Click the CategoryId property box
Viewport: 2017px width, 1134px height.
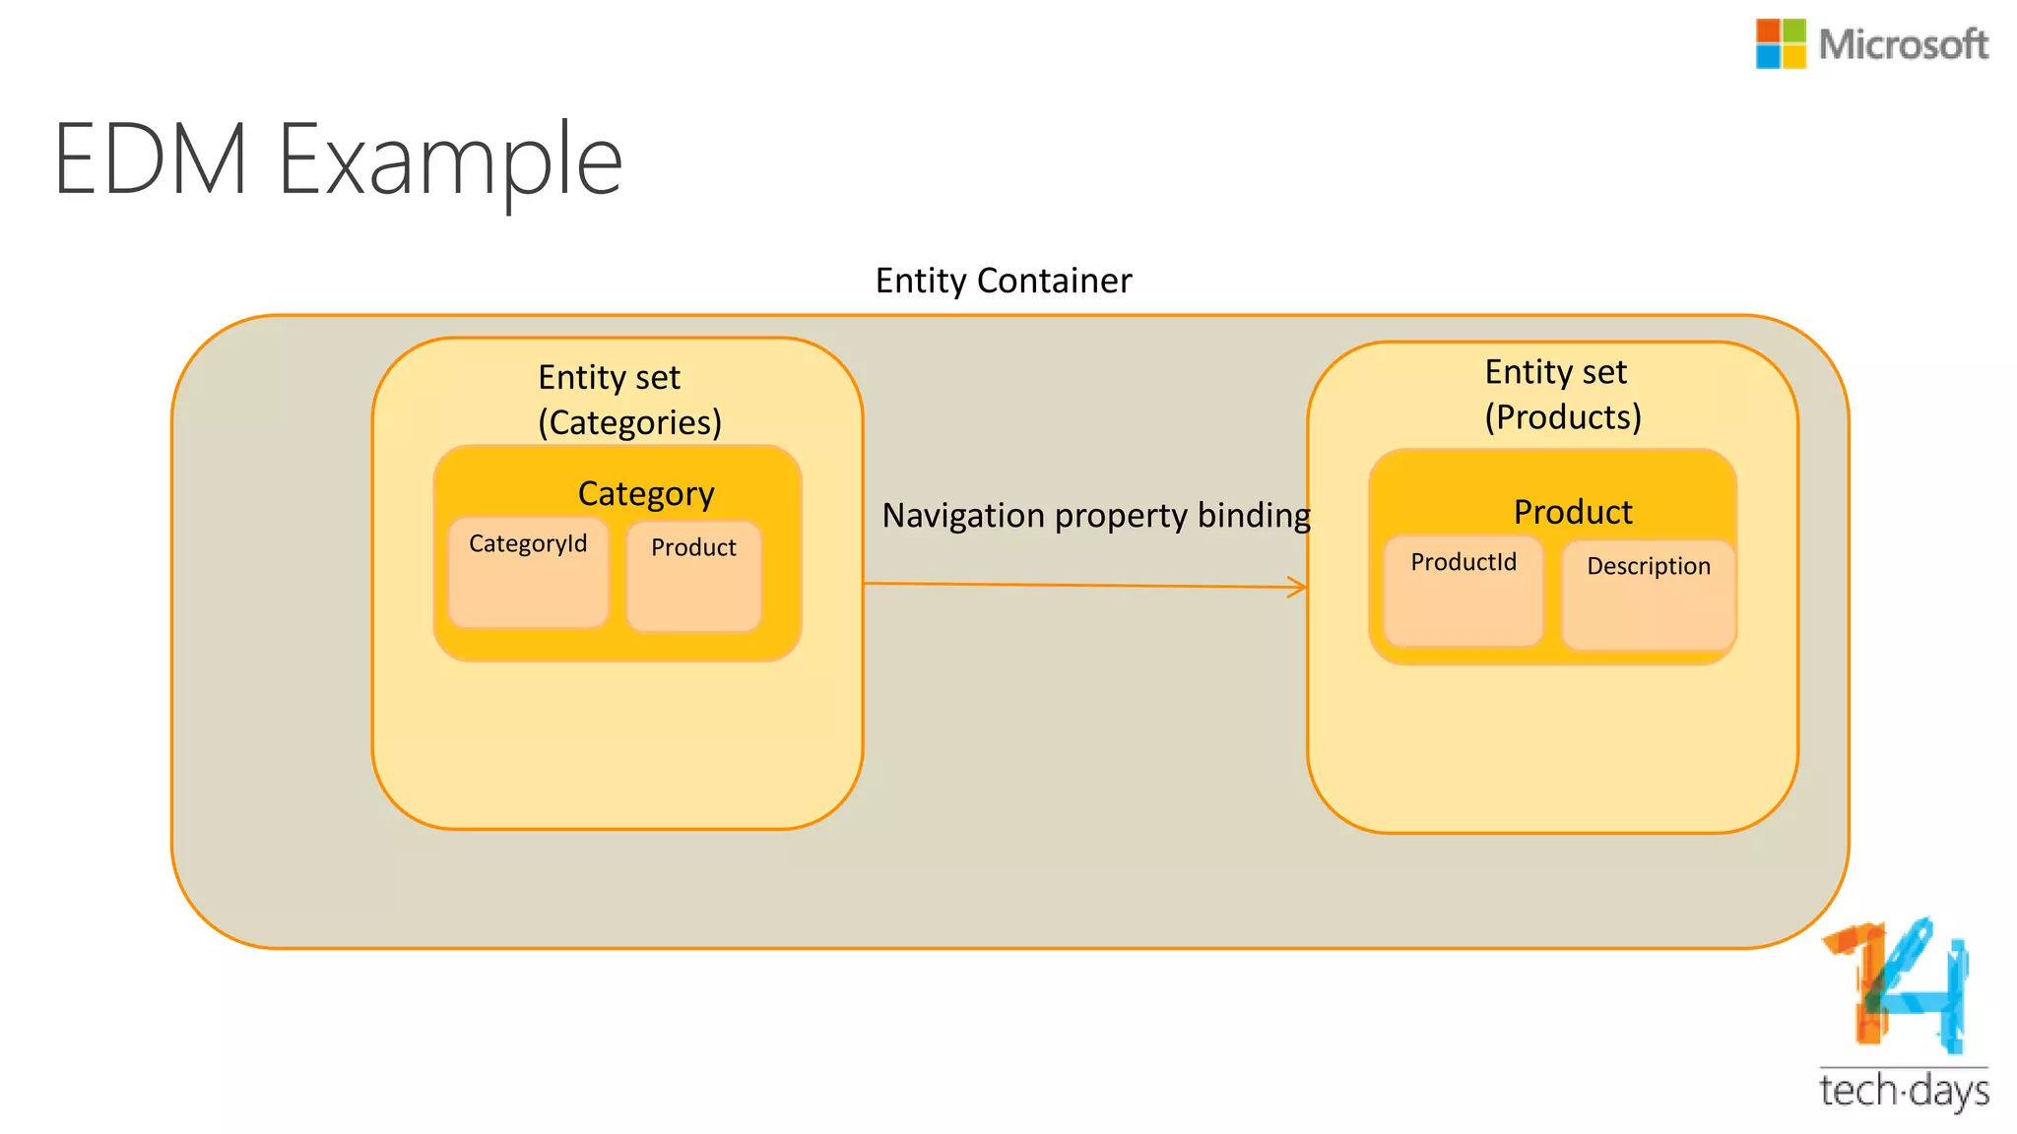coord(528,573)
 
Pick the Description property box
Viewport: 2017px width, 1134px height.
coord(1648,595)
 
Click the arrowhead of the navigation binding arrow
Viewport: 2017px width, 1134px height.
coord(1299,588)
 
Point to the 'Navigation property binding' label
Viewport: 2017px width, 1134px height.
coord(1095,515)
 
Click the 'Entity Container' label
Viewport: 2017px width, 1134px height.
coord(1004,282)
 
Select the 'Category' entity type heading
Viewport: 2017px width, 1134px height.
coord(646,493)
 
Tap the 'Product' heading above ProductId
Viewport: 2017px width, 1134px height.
coord(1573,512)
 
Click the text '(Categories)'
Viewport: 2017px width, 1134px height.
coord(629,422)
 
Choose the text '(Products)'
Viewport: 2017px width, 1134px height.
coord(1563,417)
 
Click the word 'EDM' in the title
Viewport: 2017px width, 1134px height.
coord(150,159)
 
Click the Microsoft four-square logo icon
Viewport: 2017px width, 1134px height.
coord(1781,44)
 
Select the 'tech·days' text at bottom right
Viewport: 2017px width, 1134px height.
coord(1904,1092)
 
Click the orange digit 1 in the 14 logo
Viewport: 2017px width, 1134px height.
coord(1862,984)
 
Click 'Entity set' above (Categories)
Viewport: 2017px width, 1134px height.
coord(609,378)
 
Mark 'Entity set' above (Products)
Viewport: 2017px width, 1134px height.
coord(1555,372)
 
